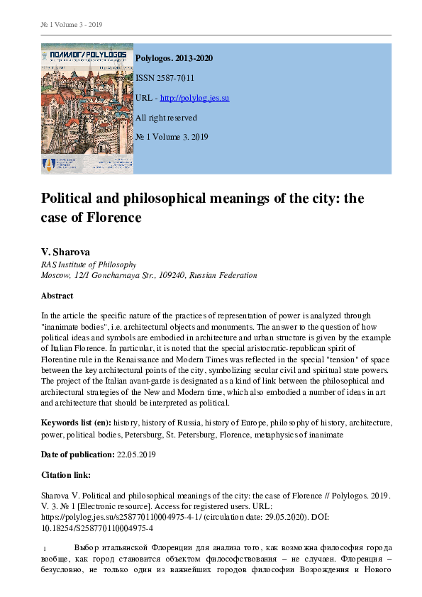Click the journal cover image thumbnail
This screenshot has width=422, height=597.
(x=87, y=108)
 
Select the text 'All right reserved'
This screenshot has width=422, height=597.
(x=166, y=118)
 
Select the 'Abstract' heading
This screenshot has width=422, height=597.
(x=57, y=296)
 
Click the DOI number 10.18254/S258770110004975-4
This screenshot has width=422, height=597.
(x=97, y=528)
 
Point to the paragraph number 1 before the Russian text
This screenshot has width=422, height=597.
(x=45, y=549)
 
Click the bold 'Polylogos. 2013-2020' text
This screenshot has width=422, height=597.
(x=174, y=58)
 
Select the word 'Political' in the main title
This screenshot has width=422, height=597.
(x=72, y=199)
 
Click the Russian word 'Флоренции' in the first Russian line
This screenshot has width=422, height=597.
(x=179, y=549)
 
